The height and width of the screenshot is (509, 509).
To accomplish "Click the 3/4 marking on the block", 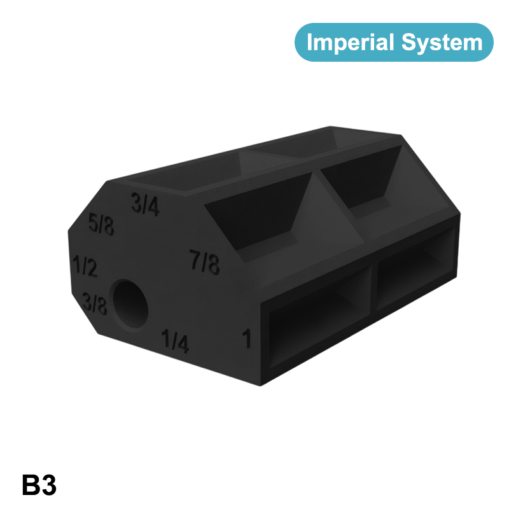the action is (145, 205).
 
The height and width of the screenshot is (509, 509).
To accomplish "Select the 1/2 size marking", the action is (85, 266).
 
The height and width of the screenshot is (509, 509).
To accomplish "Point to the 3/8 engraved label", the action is (94, 303).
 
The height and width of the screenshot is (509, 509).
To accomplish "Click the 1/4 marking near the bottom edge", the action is (175, 341).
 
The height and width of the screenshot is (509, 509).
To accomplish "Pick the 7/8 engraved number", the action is (205, 261).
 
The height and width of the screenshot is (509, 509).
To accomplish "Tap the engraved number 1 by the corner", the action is (248, 338).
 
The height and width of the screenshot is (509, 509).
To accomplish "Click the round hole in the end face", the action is (130, 304).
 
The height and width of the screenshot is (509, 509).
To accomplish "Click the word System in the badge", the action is (442, 43).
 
